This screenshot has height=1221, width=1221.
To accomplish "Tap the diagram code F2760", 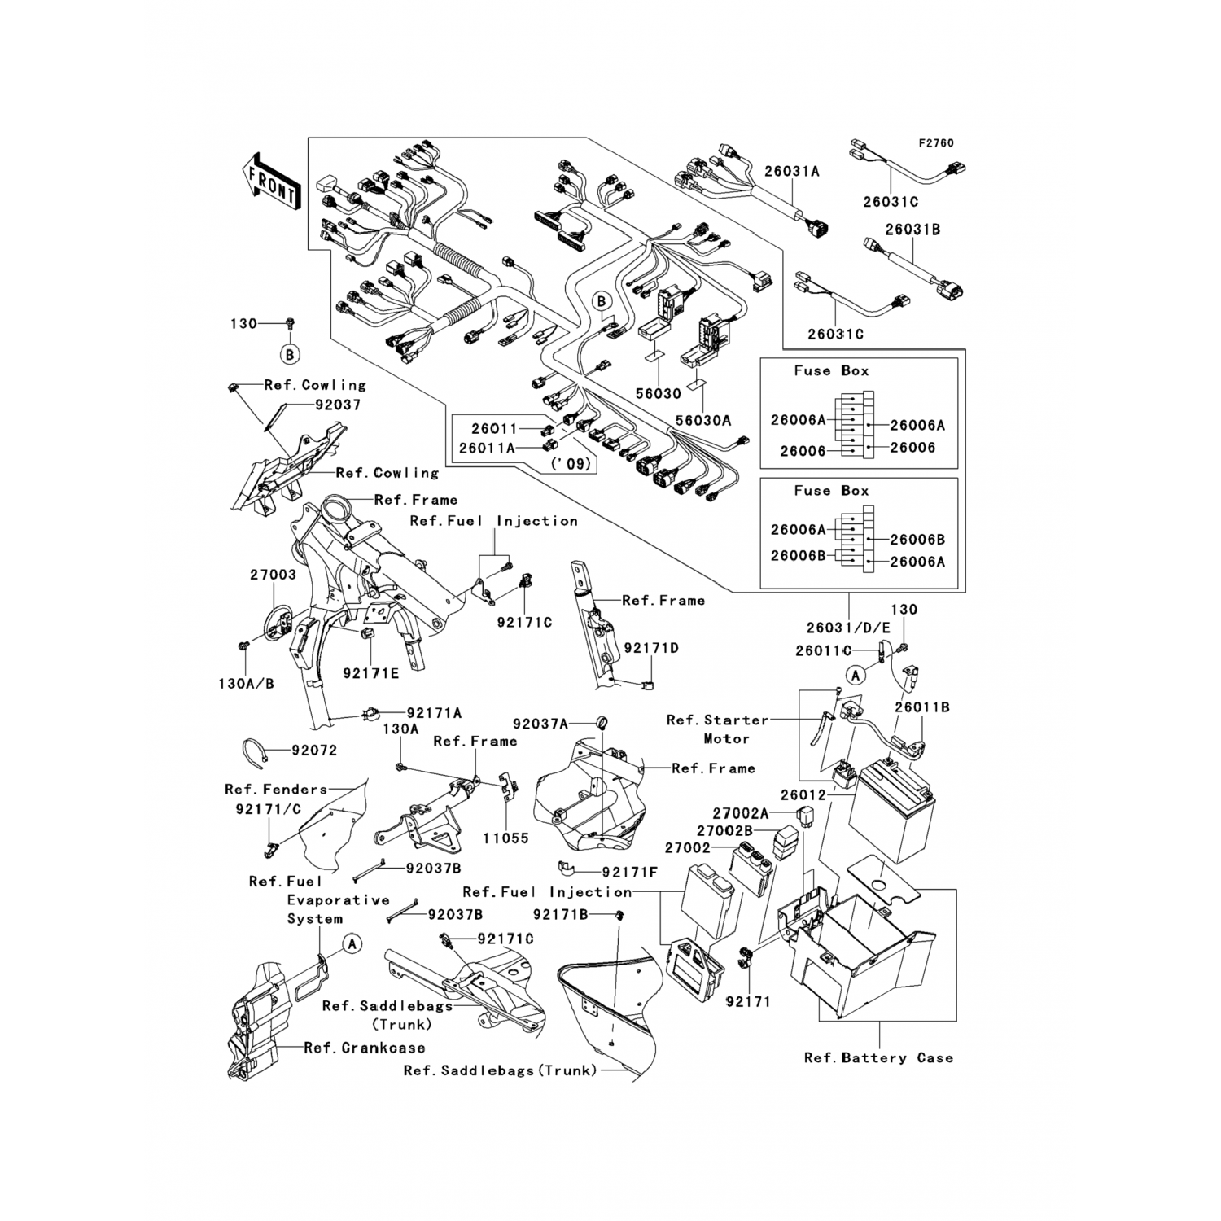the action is point(936,143).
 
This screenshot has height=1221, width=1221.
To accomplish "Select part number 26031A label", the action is point(791,172).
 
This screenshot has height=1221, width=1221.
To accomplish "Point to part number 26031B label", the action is point(912,230).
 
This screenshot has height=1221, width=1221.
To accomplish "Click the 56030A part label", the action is point(702,420).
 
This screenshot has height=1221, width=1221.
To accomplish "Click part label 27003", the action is point(273,575).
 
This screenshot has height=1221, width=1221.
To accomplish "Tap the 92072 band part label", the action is point(314,750).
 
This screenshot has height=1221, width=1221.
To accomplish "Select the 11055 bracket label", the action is point(505,838).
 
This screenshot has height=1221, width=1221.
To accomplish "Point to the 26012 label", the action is point(803,794).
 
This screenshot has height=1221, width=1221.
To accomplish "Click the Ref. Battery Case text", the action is point(878,1057).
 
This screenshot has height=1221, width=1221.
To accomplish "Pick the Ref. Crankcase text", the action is point(365,1048).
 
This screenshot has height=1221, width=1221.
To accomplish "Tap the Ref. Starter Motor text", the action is point(717,729).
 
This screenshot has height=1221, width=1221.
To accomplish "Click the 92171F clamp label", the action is point(630,872).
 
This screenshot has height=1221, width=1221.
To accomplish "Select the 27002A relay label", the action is point(741,813).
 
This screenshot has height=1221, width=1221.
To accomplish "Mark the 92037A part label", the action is point(540,723).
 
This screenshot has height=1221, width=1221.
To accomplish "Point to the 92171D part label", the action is point(651,648).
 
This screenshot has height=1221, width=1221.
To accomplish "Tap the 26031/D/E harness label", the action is point(838,628).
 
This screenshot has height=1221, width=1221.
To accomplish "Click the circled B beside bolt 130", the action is point(291,354).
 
